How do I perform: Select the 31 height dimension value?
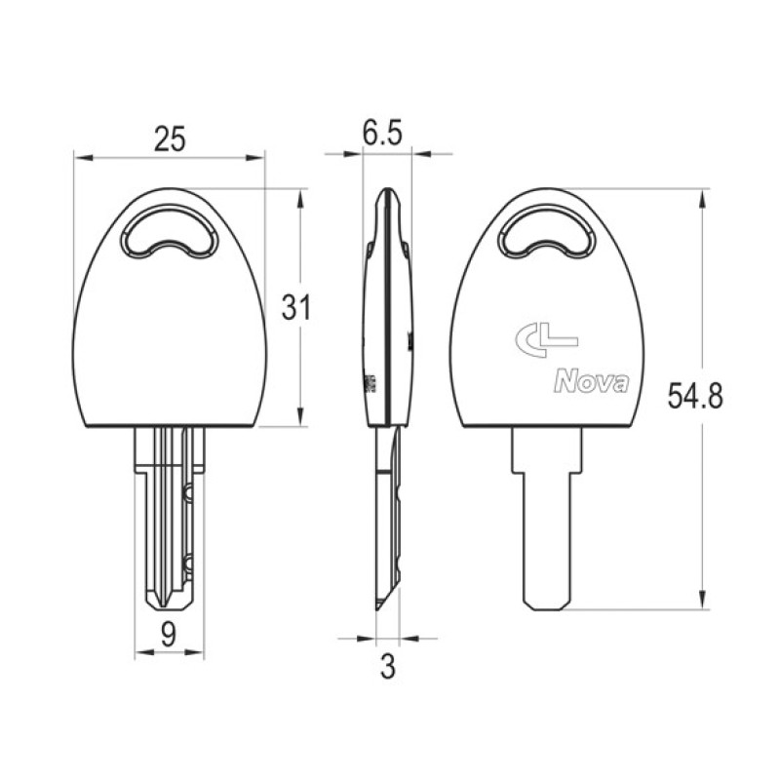[296, 307]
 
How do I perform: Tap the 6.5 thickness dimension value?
[382, 133]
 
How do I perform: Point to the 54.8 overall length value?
[695, 396]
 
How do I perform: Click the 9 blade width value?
[169, 635]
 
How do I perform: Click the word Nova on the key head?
[591, 382]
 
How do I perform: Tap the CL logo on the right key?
[546, 339]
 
